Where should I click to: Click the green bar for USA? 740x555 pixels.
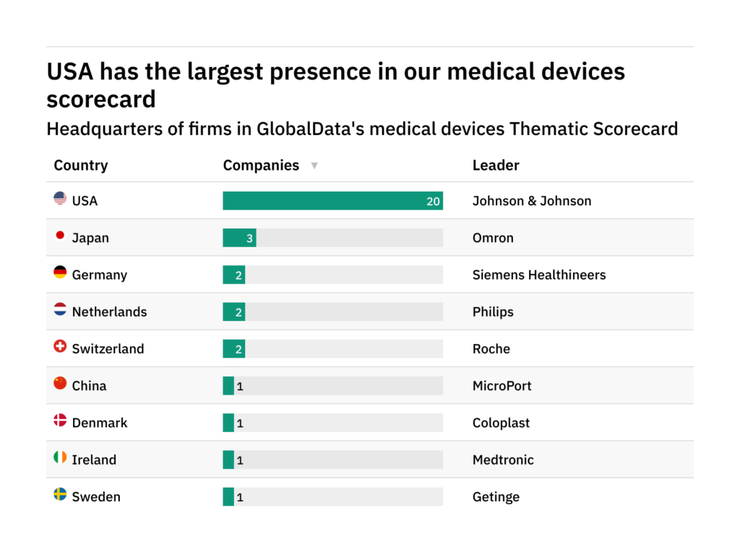[325, 201]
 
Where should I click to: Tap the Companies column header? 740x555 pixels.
[261, 165]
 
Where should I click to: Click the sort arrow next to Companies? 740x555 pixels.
[314, 166]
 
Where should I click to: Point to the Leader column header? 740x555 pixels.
[496, 165]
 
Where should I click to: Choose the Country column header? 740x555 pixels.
[80, 165]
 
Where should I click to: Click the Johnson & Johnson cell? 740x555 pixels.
[531, 201]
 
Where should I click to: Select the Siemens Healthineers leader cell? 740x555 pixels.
[538, 275]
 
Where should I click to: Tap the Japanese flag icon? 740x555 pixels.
[60, 236]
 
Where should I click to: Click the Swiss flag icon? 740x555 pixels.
[60, 347]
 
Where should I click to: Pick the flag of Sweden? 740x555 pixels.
[60, 494]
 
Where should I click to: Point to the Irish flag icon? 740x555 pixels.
[60, 457]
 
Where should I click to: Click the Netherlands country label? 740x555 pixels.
[109, 312]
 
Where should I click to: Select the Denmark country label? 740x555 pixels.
[100, 423]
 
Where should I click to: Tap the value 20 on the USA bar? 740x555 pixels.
[433, 202]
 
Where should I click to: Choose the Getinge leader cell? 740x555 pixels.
[496, 496]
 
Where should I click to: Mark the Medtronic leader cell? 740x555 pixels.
[503, 460]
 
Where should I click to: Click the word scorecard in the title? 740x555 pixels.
[101, 99]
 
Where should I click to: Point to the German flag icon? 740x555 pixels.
[60, 272]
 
